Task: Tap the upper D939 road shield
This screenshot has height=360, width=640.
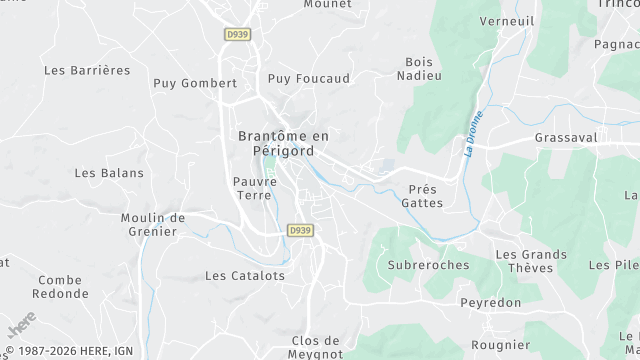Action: coord(237,34)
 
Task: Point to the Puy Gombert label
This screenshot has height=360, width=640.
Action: coord(195,83)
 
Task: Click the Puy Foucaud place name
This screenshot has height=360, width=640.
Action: coord(309,78)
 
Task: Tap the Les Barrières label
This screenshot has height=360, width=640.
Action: coord(88,70)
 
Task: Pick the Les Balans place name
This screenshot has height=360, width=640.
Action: coord(109,172)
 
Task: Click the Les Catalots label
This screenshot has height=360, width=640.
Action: coord(245,275)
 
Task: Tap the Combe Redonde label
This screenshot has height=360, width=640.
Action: coord(59,287)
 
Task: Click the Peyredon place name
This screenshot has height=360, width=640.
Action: coord(492,301)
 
